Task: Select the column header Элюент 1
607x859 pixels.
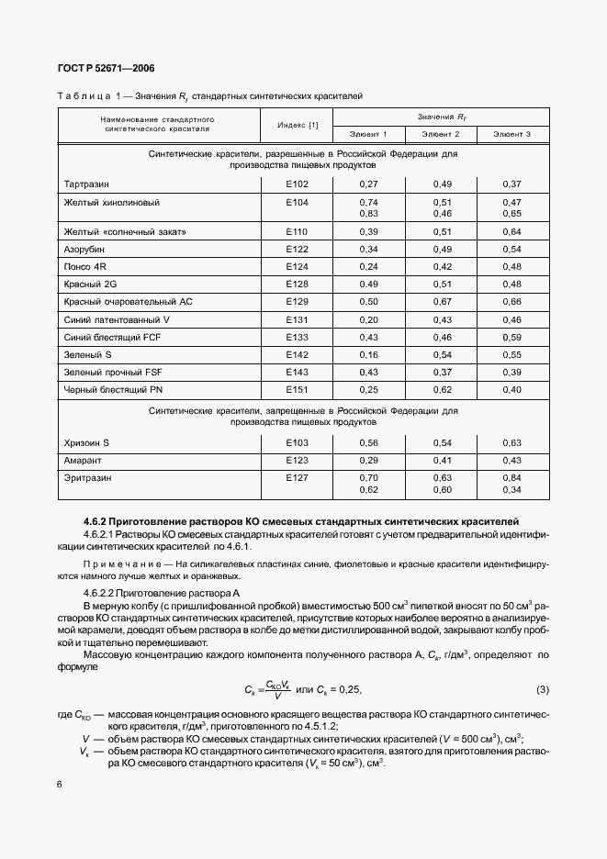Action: click(x=368, y=135)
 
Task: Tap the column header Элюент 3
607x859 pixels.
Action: click(x=511, y=135)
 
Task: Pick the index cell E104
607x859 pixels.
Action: click(x=297, y=202)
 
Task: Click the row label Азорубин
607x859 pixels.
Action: click(x=84, y=250)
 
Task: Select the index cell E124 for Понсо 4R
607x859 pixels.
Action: click(x=297, y=267)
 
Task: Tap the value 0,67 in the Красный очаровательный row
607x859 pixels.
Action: click(x=442, y=302)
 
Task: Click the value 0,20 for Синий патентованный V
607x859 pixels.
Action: click(x=368, y=319)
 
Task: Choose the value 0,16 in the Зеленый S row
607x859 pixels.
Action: click(x=368, y=354)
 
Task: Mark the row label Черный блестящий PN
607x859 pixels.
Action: click(x=106, y=389)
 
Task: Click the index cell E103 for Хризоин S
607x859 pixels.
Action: click(x=297, y=442)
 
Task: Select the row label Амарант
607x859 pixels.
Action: click(x=83, y=460)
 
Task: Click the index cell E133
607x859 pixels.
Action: click(x=297, y=337)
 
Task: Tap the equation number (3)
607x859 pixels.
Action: click(x=542, y=689)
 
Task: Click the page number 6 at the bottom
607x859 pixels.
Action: click(x=60, y=784)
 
